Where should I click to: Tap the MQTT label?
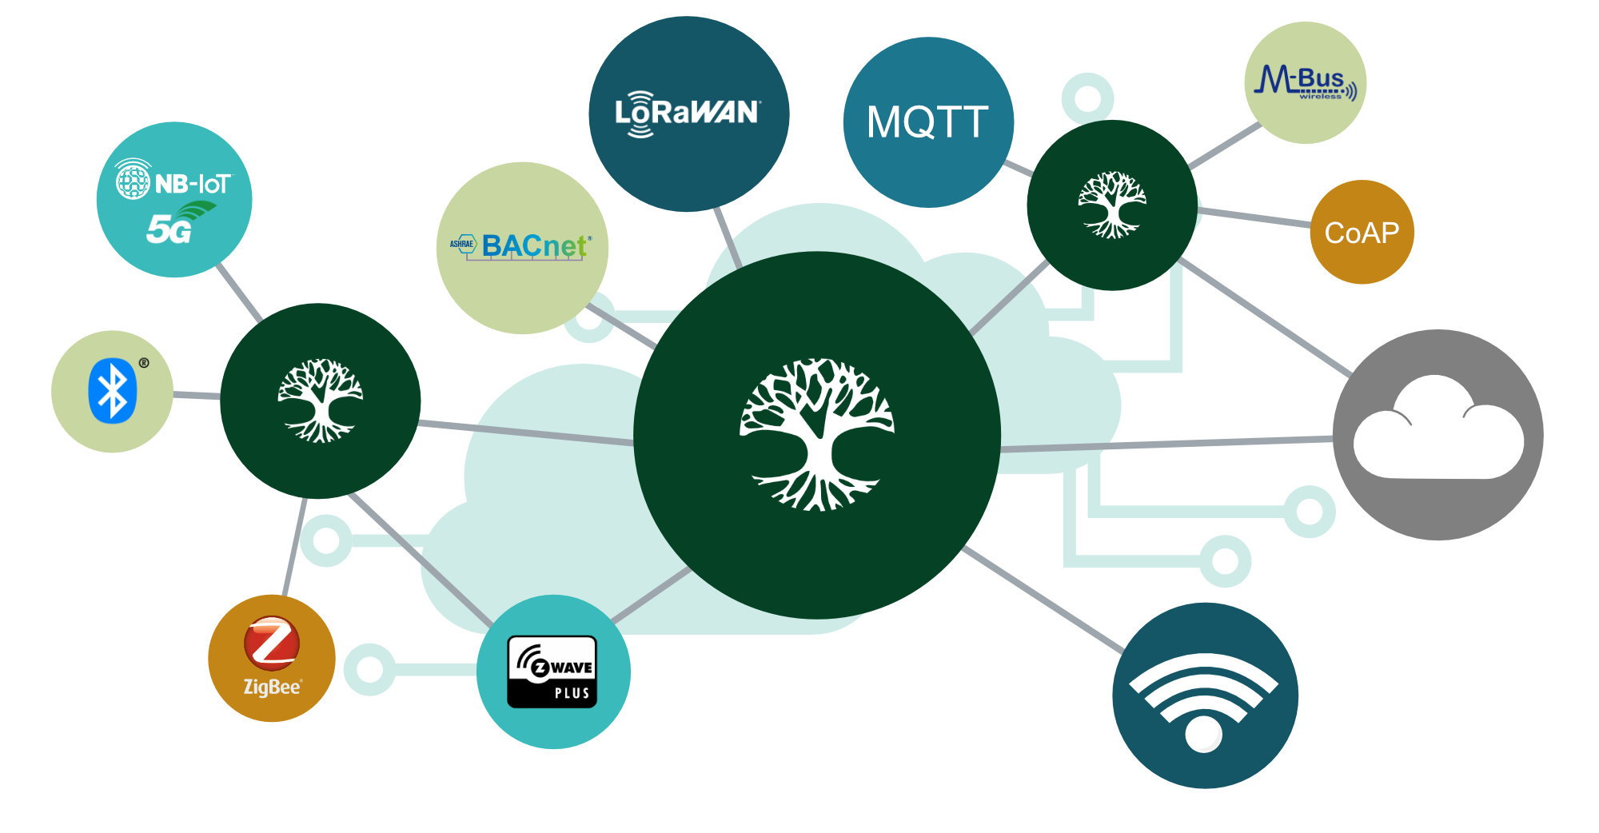click(x=927, y=122)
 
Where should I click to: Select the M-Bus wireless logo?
click(x=1305, y=82)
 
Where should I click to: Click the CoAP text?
click(x=1362, y=233)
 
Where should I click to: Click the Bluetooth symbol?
click(x=112, y=391)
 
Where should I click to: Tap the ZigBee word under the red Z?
click(x=272, y=687)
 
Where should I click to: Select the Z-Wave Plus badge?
click(x=552, y=672)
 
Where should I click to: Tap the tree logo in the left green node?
click(x=320, y=400)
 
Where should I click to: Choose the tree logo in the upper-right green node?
click(x=1111, y=205)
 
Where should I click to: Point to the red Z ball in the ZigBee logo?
click(x=272, y=643)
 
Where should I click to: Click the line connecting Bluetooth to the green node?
click(x=197, y=395)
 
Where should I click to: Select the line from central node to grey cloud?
click(x=1167, y=444)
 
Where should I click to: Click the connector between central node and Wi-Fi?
click(x=1043, y=600)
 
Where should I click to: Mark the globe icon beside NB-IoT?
click(x=133, y=181)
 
